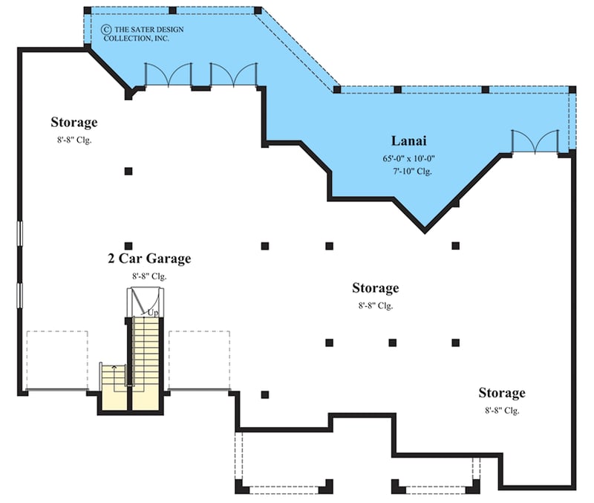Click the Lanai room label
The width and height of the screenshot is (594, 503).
click(408, 140)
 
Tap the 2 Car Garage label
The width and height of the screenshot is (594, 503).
click(149, 258)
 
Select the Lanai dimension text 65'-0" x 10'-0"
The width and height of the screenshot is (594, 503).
click(408, 158)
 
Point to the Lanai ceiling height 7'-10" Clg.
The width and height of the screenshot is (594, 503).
click(412, 172)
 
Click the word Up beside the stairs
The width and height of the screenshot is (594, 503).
click(153, 313)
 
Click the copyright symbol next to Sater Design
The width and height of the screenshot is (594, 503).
click(106, 29)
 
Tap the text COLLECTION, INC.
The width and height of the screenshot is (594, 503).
click(137, 39)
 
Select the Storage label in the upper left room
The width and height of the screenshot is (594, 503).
click(74, 122)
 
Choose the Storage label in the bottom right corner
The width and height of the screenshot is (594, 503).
click(502, 393)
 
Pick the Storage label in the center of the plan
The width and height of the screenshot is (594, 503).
click(376, 288)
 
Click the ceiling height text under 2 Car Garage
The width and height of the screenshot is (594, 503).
click(149, 276)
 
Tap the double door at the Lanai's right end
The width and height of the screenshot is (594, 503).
click(535, 142)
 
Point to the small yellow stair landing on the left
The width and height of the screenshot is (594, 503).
click(114, 387)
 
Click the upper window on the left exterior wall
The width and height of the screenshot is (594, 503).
click(20, 233)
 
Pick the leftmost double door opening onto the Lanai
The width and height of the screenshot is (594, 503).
click(169, 74)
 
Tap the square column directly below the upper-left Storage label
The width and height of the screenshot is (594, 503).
click(128, 172)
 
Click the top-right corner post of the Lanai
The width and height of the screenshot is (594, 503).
click(572, 90)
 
